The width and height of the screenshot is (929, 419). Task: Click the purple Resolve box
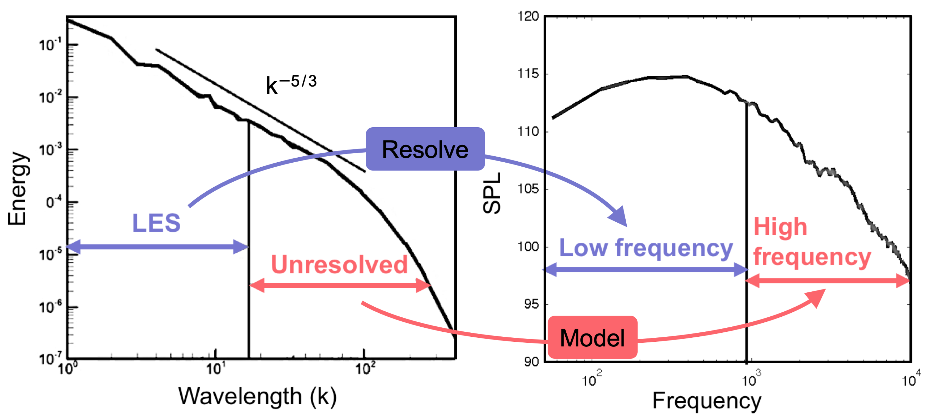[x=425, y=149]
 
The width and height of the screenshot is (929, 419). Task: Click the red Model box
[x=592, y=338]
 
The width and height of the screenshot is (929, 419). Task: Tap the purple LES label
[x=156, y=223]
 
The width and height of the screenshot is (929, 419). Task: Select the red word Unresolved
[x=339, y=265]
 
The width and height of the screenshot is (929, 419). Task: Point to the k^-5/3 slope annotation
[x=291, y=84]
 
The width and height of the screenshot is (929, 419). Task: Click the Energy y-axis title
[x=17, y=188]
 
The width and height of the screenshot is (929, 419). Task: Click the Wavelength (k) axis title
[x=257, y=396]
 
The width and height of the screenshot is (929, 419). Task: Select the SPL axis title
[x=492, y=193]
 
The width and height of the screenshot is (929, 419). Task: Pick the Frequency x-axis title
[x=707, y=401]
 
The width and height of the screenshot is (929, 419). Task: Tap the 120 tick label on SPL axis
[x=528, y=16]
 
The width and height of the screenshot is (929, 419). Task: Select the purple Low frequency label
[x=646, y=248]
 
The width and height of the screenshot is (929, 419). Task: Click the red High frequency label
[x=812, y=242]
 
